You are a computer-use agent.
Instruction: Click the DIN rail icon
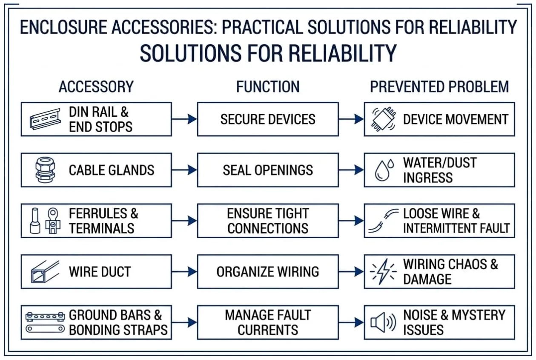(x=45, y=119)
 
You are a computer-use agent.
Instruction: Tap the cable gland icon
(x=45, y=170)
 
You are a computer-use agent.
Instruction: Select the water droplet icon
(x=384, y=170)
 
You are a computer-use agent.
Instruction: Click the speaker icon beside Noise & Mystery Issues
(x=383, y=323)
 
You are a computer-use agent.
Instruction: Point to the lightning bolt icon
(x=383, y=272)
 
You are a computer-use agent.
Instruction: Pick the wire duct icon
(x=45, y=272)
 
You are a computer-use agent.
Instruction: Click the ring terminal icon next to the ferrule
(x=53, y=221)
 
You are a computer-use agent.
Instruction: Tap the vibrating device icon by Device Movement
(x=383, y=119)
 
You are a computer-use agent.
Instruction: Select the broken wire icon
(x=383, y=221)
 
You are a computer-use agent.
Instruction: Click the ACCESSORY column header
(x=96, y=87)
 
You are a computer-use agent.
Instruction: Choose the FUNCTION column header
(x=268, y=87)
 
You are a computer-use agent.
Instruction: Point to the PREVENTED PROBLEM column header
(x=439, y=87)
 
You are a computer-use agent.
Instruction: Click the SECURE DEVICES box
(x=268, y=119)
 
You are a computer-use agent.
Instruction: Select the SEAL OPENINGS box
(x=268, y=170)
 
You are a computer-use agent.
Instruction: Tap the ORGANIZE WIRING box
(x=268, y=272)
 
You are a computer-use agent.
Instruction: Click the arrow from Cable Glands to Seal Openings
(x=184, y=170)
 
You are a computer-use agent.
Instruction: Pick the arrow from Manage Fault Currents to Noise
(x=351, y=323)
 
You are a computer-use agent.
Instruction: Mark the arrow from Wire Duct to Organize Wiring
(x=184, y=272)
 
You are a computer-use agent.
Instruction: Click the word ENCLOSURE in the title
(x=63, y=27)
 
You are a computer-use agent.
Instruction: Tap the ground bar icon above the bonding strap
(x=45, y=317)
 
